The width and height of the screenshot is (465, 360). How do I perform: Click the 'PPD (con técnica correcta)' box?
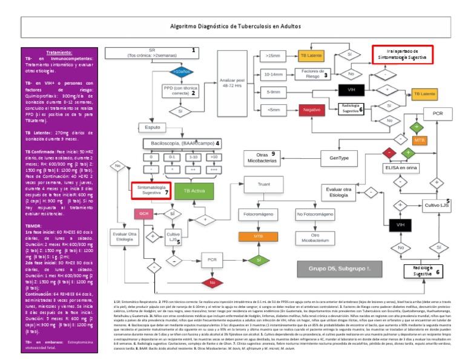pyautogui.click(x=180, y=90)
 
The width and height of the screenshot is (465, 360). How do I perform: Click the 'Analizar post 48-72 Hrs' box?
pyautogui.click(x=232, y=83)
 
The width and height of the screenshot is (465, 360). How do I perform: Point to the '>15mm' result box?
pyautogui.click(x=274, y=56)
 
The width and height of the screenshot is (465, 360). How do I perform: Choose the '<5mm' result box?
pyautogui.click(x=273, y=110)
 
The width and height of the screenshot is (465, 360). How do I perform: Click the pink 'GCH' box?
pyautogui.click(x=144, y=213)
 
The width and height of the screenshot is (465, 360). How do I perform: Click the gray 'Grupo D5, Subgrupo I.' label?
pyautogui.click(x=335, y=268)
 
